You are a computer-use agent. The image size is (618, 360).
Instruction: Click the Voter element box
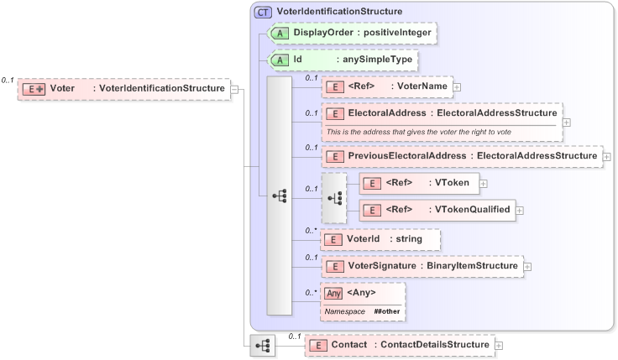(124, 88)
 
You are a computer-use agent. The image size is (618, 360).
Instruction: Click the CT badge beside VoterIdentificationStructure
(263, 12)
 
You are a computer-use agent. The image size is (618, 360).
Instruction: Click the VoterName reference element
(387, 86)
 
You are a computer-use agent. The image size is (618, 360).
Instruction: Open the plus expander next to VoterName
(457, 86)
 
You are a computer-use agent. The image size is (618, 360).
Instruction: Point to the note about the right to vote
(418, 132)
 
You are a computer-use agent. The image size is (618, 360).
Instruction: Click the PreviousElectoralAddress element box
(461, 156)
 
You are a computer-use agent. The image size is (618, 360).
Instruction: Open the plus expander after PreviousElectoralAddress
(606, 156)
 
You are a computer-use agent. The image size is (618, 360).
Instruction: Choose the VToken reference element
(418, 183)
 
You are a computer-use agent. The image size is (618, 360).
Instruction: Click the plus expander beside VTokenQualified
(519, 210)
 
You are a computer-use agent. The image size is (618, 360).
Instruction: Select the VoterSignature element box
(422, 266)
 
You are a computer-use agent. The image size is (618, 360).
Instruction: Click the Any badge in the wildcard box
(333, 293)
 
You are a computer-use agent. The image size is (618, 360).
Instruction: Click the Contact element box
(399, 344)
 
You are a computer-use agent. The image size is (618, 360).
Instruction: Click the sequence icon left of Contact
(263, 344)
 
